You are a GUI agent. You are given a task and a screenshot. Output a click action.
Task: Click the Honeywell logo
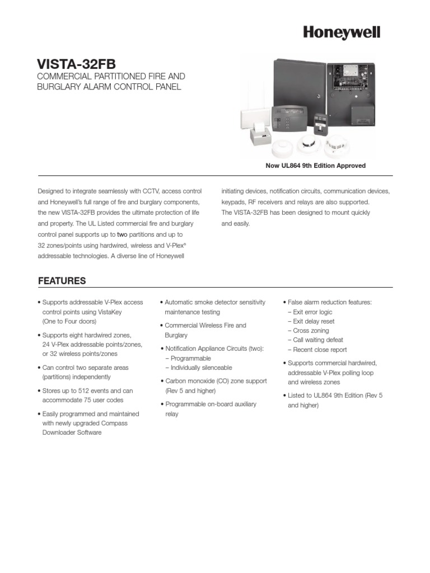(342, 33)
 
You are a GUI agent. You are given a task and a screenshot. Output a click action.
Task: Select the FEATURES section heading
(62, 280)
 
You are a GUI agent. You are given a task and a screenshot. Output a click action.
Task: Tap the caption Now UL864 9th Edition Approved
(315, 166)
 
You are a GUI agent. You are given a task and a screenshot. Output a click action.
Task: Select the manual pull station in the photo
(320, 123)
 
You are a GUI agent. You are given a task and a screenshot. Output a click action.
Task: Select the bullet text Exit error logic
(312, 312)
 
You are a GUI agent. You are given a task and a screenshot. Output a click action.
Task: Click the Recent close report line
(319, 350)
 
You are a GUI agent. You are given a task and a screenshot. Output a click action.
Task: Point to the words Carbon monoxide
(188, 381)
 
